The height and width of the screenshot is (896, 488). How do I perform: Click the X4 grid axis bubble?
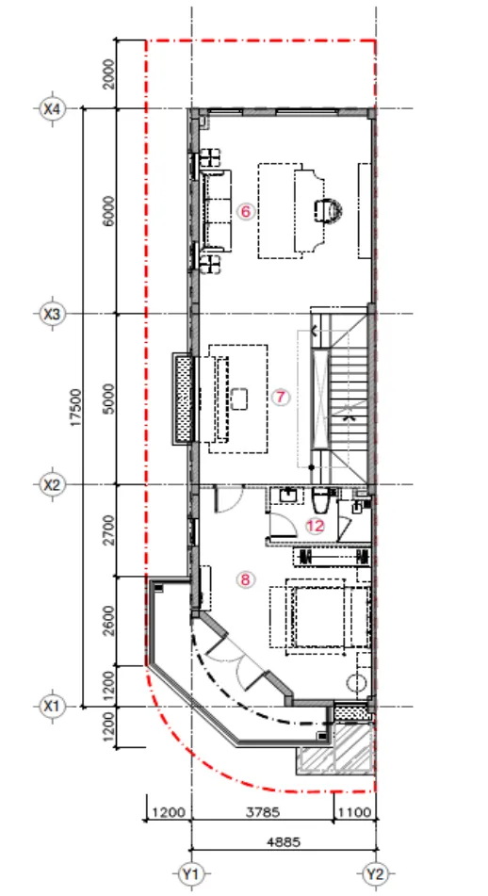(x=52, y=108)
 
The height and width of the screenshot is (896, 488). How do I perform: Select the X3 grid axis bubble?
(x=52, y=314)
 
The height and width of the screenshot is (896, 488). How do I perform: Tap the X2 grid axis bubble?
(x=52, y=485)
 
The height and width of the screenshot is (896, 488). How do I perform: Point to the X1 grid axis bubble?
(x=52, y=707)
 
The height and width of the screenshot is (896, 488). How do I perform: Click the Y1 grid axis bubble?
(x=191, y=873)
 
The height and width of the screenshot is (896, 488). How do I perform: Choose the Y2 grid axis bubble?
(x=376, y=873)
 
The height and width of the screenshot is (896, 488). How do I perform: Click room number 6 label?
(x=245, y=212)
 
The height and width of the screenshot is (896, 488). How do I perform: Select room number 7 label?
(x=280, y=398)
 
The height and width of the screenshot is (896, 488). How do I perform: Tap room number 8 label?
(x=245, y=580)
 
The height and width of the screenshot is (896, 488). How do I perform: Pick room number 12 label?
(x=315, y=526)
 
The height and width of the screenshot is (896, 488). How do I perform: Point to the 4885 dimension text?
(x=284, y=841)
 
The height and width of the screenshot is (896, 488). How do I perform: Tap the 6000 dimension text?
(x=109, y=211)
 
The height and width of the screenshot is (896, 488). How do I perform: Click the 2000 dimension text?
(x=109, y=74)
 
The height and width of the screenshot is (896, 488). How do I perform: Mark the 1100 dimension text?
(x=355, y=812)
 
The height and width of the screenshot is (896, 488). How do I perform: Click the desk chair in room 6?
(x=329, y=210)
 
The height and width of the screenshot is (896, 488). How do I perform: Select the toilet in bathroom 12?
(x=320, y=500)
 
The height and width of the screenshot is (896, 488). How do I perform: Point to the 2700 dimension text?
(x=109, y=530)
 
